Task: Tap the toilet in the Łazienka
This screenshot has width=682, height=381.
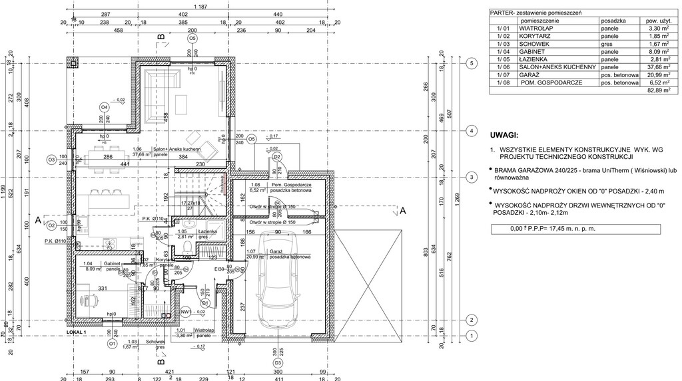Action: pos(187,248)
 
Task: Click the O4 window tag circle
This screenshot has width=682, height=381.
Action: pos(104,106)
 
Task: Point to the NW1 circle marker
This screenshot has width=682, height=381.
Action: pos(186,311)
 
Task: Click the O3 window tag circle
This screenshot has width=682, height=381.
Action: pos(51,160)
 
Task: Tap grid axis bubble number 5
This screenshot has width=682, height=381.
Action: pos(470,63)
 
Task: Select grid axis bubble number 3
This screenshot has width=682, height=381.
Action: pos(470,178)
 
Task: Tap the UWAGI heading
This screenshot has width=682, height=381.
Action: pos(504,134)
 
